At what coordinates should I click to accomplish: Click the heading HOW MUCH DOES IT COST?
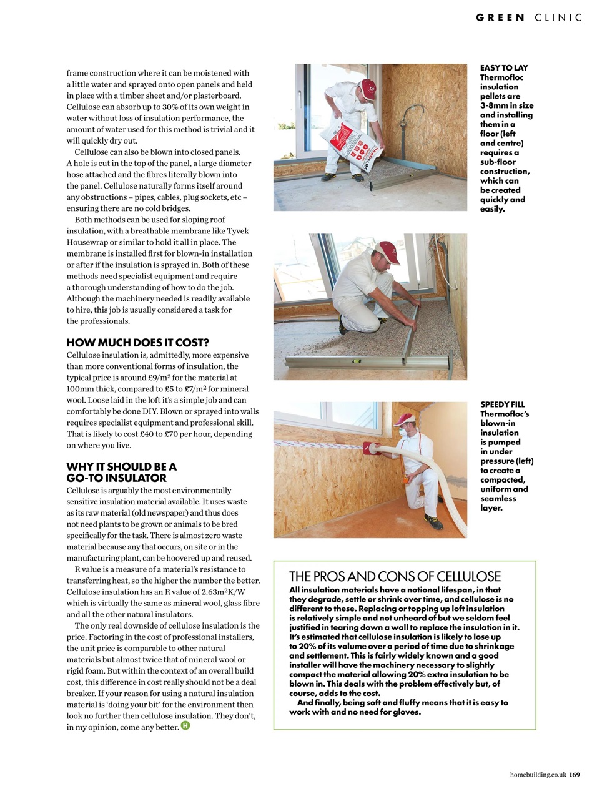[137, 343]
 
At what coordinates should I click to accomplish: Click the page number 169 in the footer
[575, 775]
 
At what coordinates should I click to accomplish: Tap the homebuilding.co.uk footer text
[538, 775]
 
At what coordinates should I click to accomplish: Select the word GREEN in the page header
[500, 17]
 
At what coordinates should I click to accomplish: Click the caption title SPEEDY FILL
[503, 404]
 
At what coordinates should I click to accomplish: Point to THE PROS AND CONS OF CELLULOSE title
[395, 576]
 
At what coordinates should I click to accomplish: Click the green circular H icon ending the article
[185, 726]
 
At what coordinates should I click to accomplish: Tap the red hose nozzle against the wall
[372, 448]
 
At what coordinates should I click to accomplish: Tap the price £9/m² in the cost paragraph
[162, 378]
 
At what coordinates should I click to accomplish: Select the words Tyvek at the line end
[238, 231]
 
